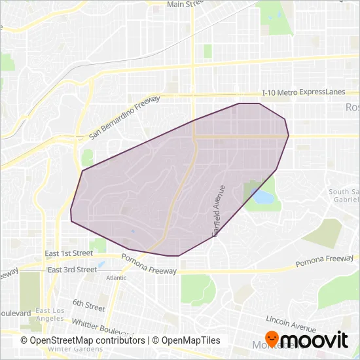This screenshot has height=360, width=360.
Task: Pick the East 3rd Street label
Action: (72, 269)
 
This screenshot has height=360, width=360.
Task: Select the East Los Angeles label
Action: (50, 315)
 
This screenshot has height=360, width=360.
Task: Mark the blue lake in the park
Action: (263, 196)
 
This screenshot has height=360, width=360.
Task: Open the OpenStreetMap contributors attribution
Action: (82, 340)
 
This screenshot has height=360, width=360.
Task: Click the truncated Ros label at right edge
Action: (352, 107)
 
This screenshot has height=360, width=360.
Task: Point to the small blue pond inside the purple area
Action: (133, 230)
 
